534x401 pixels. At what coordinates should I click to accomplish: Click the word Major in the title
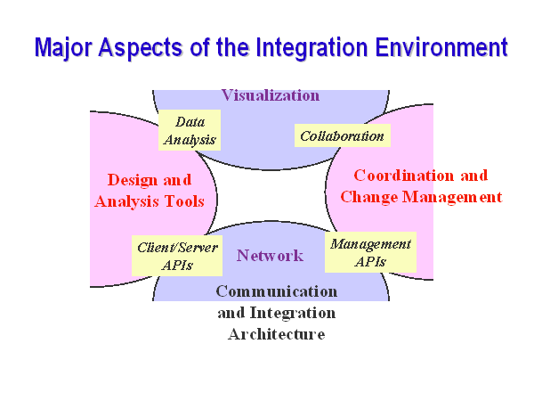63,48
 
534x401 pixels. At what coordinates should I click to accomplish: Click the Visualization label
271,95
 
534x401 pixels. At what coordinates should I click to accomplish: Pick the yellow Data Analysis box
190,130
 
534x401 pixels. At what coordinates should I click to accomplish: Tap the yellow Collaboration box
343,135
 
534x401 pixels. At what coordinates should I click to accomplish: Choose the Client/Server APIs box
177,256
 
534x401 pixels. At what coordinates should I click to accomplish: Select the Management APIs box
370,252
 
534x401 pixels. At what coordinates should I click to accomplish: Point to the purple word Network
270,256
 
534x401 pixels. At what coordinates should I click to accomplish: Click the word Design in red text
131,180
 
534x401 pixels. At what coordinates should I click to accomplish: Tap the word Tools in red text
184,201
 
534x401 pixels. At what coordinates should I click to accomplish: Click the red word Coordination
404,176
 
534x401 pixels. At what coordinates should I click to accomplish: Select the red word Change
369,198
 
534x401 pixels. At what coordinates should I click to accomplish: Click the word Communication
277,291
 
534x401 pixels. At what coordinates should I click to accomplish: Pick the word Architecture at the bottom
277,334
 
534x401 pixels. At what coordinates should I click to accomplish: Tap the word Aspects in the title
142,48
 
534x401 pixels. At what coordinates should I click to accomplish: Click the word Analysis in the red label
126,202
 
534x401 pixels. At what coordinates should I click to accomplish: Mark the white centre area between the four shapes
271,196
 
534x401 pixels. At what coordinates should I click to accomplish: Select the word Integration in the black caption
293,314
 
